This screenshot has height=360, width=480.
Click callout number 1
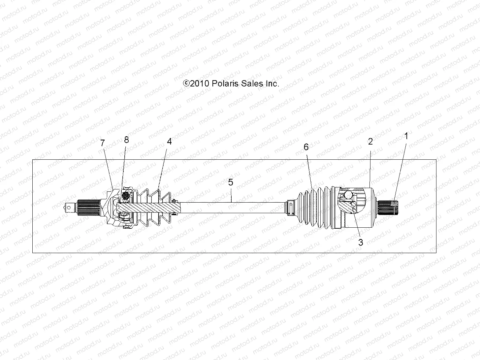point(406,136)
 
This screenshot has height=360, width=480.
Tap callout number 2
point(370,142)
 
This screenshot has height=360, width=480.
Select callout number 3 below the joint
point(361,242)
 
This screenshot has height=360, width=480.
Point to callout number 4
point(169,142)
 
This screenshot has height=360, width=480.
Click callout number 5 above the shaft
point(231,182)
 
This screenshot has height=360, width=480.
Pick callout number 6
point(306,147)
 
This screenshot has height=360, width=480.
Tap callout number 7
point(103,143)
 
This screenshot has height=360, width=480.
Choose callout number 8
point(126,140)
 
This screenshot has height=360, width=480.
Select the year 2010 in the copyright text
point(200,83)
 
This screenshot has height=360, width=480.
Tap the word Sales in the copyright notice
point(253,83)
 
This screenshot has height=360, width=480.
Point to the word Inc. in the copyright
point(272,83)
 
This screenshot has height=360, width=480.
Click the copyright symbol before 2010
point(186,83)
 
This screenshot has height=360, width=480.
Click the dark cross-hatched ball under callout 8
point(126,197)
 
